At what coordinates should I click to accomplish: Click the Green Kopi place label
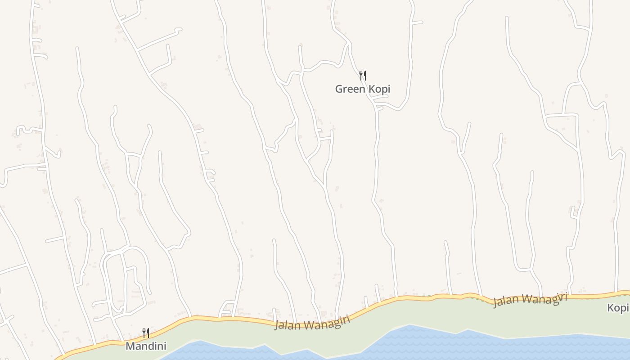click(x=362, y=89)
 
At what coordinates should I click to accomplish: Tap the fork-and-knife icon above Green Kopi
click(x=362, y=75)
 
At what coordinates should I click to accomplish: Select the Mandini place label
click(x=146, y=346)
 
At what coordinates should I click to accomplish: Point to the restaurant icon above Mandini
click(x=145, y=333)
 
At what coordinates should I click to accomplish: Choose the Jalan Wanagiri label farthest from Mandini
click(x=530, y=300)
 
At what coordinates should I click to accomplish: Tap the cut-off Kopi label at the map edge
click(x=618, y=308)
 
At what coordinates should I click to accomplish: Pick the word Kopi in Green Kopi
click(x=379, y=89)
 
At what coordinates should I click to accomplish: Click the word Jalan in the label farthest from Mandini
click(x=504, y=301)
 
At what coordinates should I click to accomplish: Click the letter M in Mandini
click(x=130, y=346)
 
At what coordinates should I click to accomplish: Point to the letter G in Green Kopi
click(x=339, y=89)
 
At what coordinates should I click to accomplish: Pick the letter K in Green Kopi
click(x=372, y=89)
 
